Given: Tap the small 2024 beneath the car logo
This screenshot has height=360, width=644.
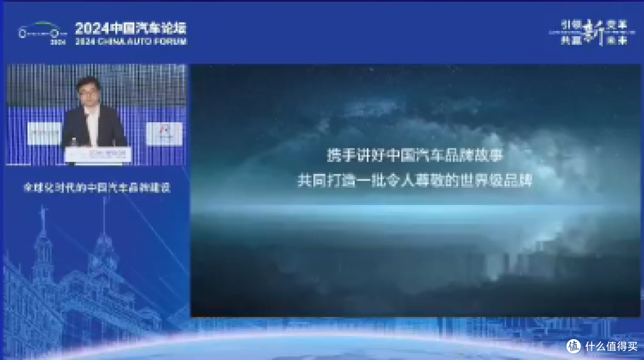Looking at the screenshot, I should pyautogui.click(x=58, y=43).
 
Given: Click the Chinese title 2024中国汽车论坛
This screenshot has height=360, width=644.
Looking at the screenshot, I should pyautogui.click(x=131, y=28).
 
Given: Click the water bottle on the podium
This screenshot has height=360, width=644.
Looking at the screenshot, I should pyautogui.click(x=73, y=143).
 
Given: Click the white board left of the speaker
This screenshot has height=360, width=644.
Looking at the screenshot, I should pyautogui.click(x=44, y=133).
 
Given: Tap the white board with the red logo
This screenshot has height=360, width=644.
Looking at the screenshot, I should pyautogui.click(x=164, y=133).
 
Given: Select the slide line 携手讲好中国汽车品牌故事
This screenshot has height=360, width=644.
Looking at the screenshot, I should pyautogui.click(x=414, y=156).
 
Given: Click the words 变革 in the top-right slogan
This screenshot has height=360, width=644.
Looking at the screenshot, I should pyautogui.click(x=618, y=24).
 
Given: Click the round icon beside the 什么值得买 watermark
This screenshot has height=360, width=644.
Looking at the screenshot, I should pyautogui.click(x=574, y=346).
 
